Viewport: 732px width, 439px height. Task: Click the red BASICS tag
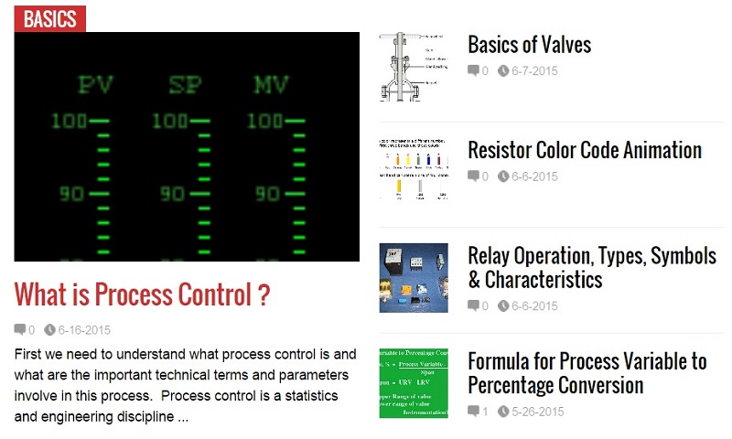click(49, 19)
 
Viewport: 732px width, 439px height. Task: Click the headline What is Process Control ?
click(142, 294)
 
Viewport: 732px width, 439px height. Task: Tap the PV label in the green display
click(95, 85)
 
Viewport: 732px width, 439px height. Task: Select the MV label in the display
click(271, 85)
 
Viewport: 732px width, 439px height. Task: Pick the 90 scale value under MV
click(266, 194)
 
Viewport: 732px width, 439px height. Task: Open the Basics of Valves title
click(529, 45)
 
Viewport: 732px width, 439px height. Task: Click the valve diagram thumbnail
click(413, 67)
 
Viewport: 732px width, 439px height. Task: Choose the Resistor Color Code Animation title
click(584, 150)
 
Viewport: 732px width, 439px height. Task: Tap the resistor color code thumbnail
click(414, 170)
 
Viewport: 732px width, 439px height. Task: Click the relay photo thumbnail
click(414, 277)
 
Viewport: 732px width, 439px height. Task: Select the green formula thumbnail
click(414, 382)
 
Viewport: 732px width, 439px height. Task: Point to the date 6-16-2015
click(84, 330)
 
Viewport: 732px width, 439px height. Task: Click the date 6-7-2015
click(534, 71)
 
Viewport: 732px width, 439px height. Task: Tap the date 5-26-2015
click(537, 412)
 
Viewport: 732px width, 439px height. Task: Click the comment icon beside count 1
click(473, 412)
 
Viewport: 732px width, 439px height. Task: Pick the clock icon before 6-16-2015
click(49, 330)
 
